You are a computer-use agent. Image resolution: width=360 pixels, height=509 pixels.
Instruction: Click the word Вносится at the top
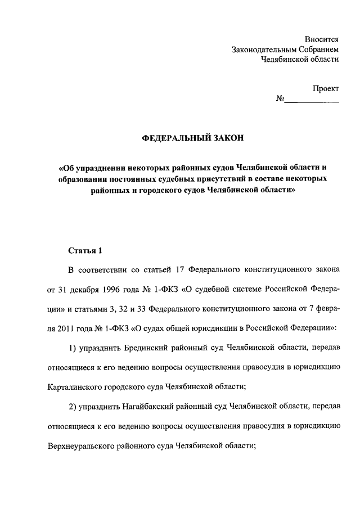pyautogui.click(x=322, y=39)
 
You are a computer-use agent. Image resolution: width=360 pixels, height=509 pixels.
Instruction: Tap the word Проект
pyautogui.click(x=326, y=89)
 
